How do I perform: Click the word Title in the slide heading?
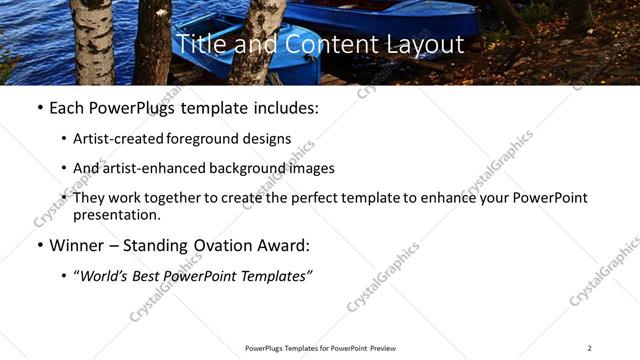[198, 44]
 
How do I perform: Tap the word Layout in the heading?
[427, 44]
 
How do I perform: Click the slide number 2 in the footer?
[590, 348]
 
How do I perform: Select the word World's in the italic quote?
[103, 275]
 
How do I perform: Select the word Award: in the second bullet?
[288, 244]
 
